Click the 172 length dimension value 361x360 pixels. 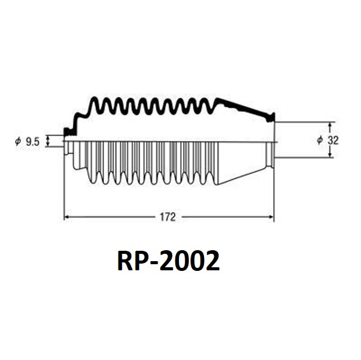point(167,217)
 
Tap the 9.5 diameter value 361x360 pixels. point(33,142)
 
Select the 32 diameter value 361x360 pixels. point(333,140)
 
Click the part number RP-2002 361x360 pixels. point(169,261)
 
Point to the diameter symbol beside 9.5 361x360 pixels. point(18,141)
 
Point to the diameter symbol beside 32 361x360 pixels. point(320,140)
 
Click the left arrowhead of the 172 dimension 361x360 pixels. point(67,217)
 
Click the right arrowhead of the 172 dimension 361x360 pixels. point(271,217)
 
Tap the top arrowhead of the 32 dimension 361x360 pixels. point(330,125)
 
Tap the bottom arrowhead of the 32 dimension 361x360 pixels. point(330,155)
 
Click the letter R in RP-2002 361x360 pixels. point(125,261)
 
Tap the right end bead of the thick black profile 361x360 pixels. point(271,118)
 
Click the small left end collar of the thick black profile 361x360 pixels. point(69,132)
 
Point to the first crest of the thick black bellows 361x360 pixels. point(94,99)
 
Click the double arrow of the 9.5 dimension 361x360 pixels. point(48,141)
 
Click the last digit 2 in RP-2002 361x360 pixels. point(213,261)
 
